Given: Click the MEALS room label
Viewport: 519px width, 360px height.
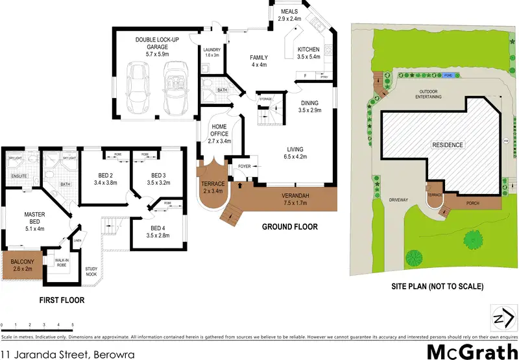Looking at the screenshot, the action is point(290,12).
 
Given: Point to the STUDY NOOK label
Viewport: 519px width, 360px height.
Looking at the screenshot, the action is point(91,271).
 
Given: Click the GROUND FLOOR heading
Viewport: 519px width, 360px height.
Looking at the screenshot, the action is point(289,227).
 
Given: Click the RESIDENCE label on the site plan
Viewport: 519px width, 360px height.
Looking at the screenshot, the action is point(448,145).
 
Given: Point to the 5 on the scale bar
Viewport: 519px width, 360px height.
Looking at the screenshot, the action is point(73,324).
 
